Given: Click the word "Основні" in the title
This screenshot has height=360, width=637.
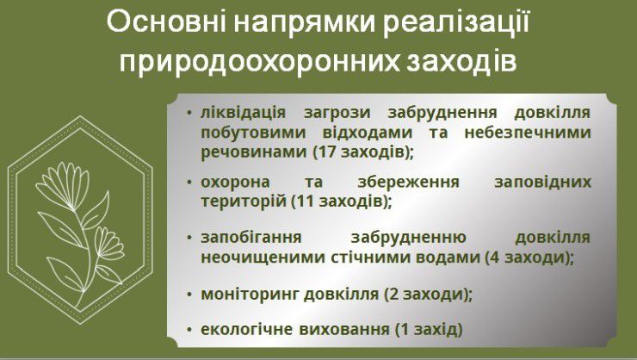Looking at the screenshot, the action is coord(166,23).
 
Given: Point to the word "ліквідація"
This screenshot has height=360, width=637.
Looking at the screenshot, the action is coord(244,112).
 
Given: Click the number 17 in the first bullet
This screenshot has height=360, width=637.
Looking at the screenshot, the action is coord(327,152).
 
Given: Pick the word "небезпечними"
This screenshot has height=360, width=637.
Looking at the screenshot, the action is coord(528,133).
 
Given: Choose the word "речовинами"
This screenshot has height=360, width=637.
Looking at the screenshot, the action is coord(254,152).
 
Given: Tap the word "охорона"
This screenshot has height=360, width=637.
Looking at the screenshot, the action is coord(235,183).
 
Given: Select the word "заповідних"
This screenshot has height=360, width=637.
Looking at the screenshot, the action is coord(542,183).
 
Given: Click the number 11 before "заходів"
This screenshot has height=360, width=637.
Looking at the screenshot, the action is coord(305,202).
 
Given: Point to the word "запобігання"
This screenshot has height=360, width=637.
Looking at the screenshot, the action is coord(251,238).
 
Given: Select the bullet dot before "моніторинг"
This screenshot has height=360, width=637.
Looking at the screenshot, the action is coord(189,294).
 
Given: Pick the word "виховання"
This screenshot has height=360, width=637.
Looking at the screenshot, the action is coord(344,330).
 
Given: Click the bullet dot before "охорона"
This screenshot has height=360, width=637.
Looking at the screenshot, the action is coord(189,183).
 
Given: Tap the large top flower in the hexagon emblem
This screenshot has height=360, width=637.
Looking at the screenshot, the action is coord(64,186).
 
